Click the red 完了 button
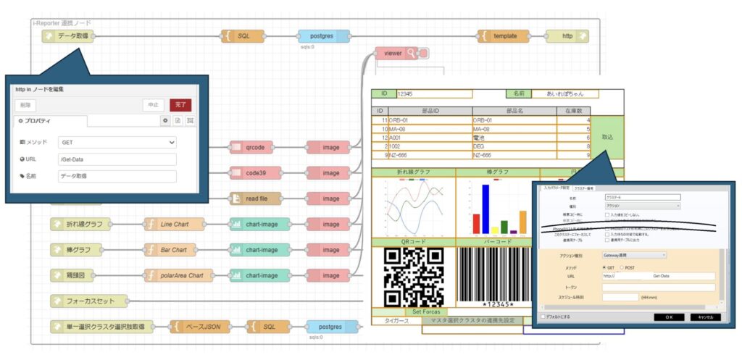tap(181, 105)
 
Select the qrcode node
tap(256, 147)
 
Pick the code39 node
tap(256, 172)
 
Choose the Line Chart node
tap(174, 224)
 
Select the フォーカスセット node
tap(89, 301)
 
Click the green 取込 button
tap(607, 137)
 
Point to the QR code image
tap(413, 277)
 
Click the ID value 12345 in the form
tap(433, 94)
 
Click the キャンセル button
tap(703, 317)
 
